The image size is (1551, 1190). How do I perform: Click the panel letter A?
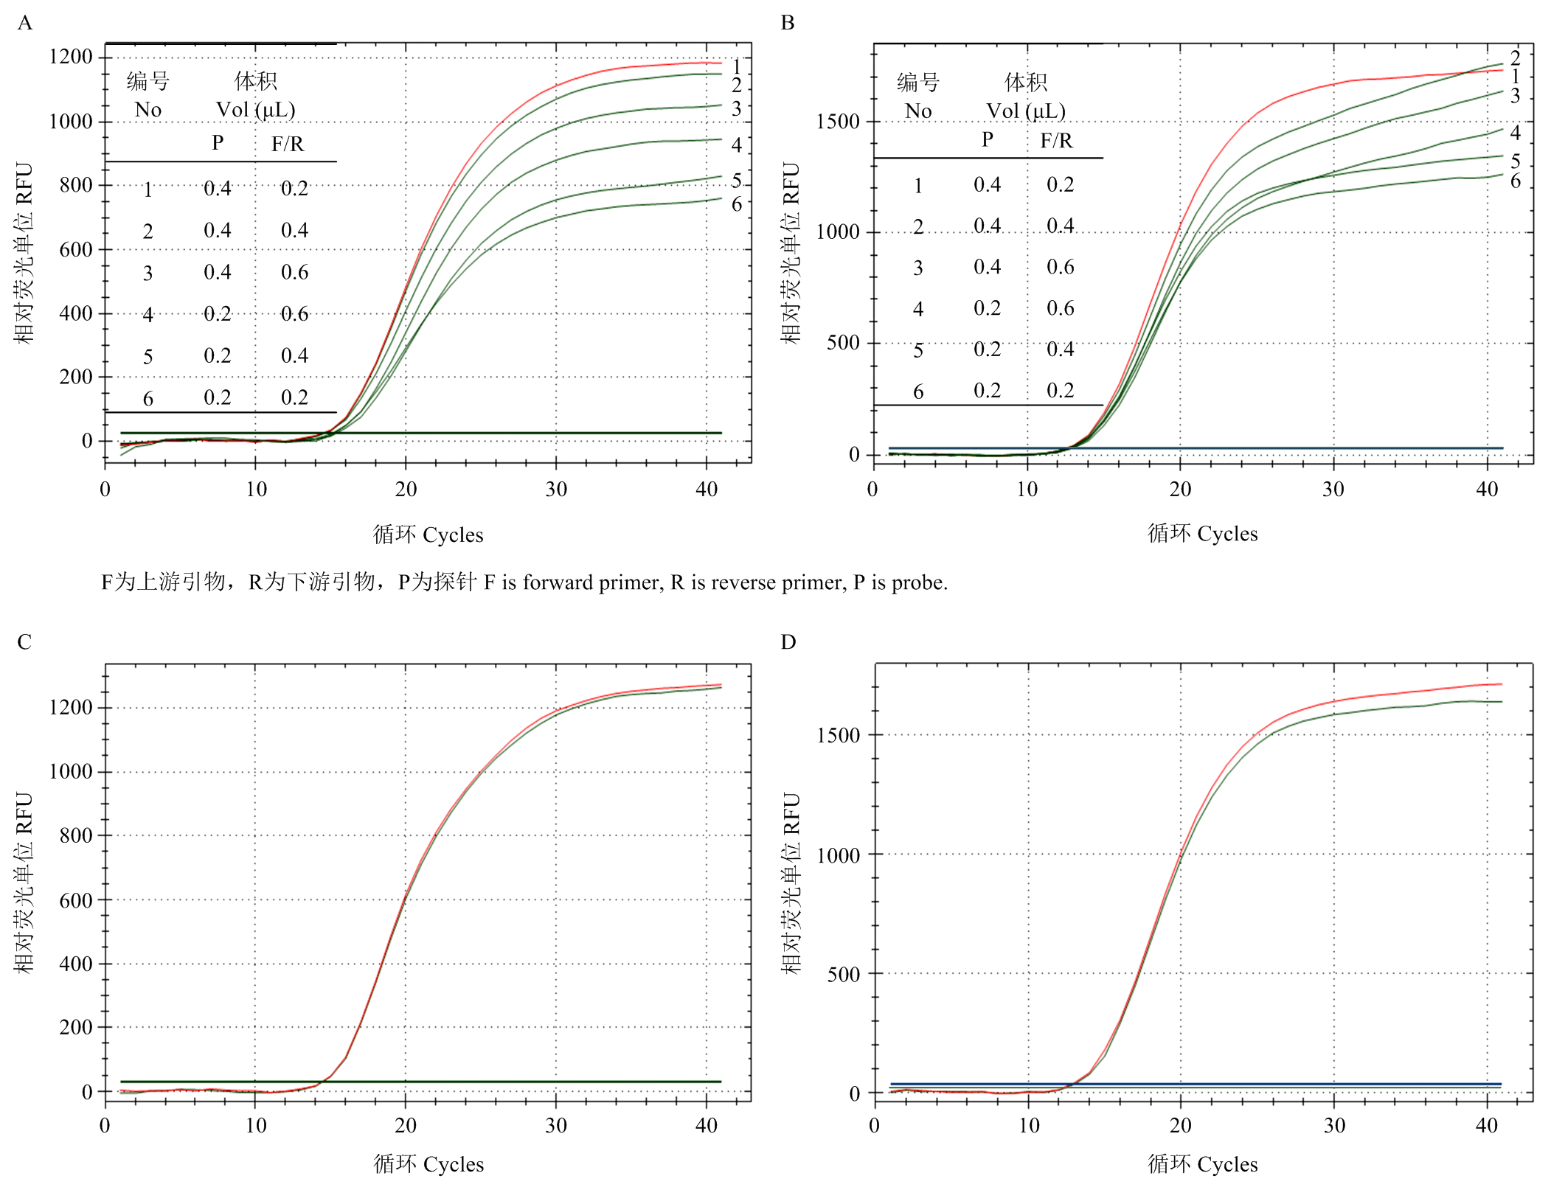(x=24, y=23)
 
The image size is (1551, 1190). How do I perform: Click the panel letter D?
(x=788, y=641)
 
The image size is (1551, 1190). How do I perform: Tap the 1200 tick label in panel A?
(x=71, y=57)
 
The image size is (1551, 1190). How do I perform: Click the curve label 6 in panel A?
(x=736, y=204)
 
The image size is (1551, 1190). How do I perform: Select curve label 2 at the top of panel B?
(x=1515, y=57)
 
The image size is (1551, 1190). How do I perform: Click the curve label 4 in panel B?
(x=1515, y=133)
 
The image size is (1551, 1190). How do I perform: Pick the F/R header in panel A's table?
(x=287, y=144)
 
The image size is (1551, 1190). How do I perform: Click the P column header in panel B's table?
(x=987, y=139)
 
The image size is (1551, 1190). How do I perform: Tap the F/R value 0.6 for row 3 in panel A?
(x=294, y=272)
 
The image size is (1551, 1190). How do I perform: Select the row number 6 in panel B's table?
(x=917, y=392)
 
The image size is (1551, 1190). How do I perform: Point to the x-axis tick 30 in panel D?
(x=1333, y=1125)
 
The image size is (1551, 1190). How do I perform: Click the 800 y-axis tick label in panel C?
(x=76, y=835)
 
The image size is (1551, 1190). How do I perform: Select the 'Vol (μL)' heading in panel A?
(x=255, y=110)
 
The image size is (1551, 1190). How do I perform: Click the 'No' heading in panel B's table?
(x=917, y=111)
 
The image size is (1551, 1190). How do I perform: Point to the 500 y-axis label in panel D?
(x=843, y=974)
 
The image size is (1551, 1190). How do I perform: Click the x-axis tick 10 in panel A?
(x=255, y=489)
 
